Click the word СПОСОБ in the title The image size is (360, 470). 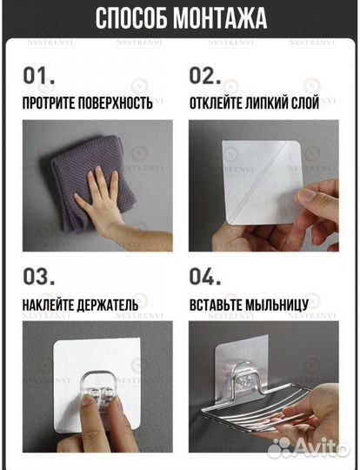click(x=131, y=18)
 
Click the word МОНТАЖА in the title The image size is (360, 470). click(x=220, y=18)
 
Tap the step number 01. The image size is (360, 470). click(x=39, y=76)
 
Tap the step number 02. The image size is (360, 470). click(x=205, y=76)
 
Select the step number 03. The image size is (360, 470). click(x=39, y=277)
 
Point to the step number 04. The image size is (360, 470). click(x=205, y=277)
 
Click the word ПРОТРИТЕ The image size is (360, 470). click(x=49, y=104)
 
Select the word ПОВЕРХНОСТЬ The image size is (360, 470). click(x=116, y=104)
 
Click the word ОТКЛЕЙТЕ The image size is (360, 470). click(x=216, y=104)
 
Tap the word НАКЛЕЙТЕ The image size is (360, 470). click(x=48, y=305)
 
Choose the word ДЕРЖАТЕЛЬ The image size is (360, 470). click(x=108, y=305)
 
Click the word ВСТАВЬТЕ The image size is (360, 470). click(x=216, y=305)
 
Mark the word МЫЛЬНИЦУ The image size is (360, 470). click(x=277, y=305)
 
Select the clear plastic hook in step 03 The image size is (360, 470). click(x=99, y=390)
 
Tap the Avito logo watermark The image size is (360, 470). click(x=309, y=448)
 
